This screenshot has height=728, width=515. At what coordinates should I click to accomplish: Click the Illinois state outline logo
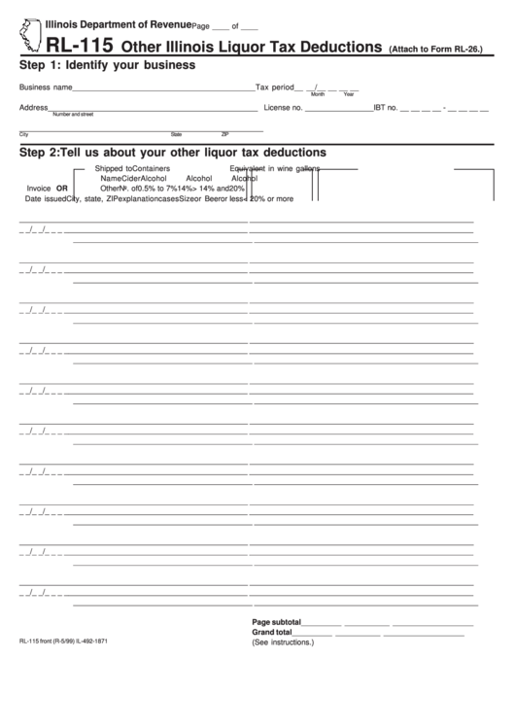[x=29, y=36]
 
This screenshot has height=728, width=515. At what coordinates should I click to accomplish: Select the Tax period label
[x=273, y=87]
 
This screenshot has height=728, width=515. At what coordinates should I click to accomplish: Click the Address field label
[x=33, y=107]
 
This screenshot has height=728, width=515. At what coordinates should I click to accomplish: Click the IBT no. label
[x=386, y=107]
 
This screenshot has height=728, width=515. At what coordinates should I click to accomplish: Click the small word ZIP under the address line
[x=224, y=134]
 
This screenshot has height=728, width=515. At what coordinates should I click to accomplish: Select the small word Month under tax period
[x=318, y=93]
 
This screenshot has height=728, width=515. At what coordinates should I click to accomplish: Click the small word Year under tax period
[x=348, y=93]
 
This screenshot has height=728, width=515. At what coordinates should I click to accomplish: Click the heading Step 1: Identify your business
[x=107, y=65]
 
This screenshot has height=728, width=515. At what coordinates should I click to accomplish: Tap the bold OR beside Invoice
[x=62, y=189]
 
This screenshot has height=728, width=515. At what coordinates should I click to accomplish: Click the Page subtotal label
[x=276, y=621]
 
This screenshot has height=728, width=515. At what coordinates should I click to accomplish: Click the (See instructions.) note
[x=282, y=642]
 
